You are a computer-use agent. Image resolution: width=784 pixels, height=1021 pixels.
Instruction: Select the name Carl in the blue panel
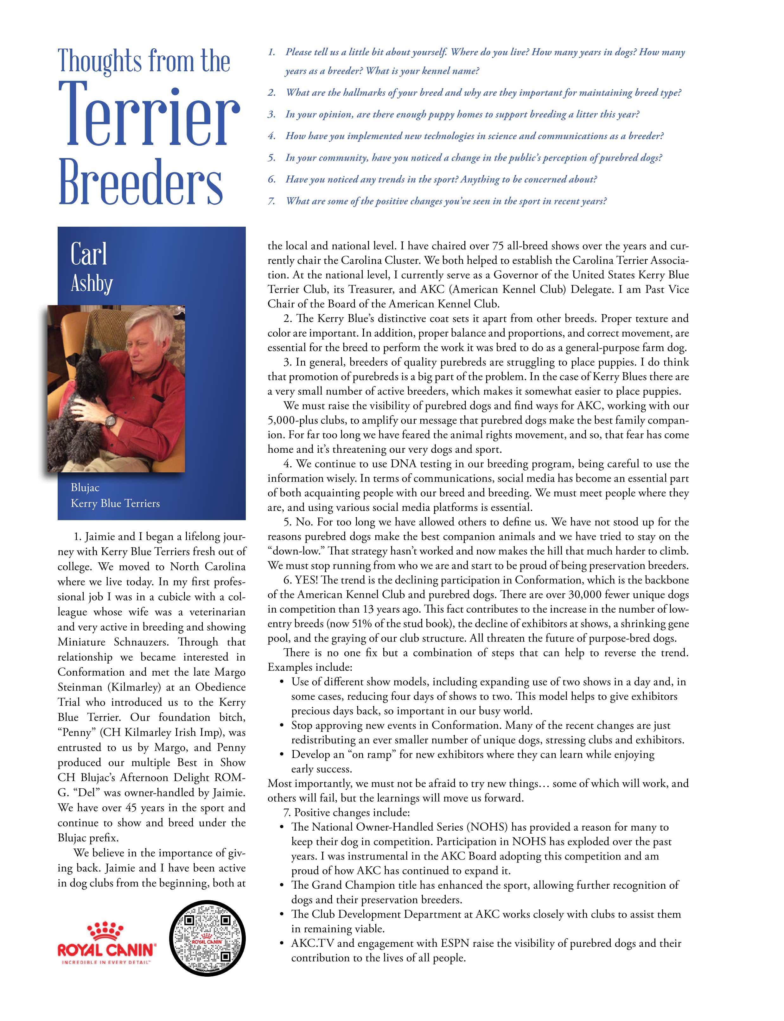coord(89,254)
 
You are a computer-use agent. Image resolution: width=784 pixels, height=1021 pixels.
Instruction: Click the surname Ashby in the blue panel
coord(92,283)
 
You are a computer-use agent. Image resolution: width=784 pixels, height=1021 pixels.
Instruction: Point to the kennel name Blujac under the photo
coord(85,488)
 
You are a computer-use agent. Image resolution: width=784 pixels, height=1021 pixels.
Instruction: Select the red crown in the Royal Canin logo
coord(107,930)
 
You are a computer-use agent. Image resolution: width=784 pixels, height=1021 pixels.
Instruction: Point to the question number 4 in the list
coord(271,136)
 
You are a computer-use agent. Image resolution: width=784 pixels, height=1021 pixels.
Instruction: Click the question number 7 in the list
coord(271,201)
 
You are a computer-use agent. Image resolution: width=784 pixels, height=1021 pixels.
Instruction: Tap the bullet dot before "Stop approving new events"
coord(282,726)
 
